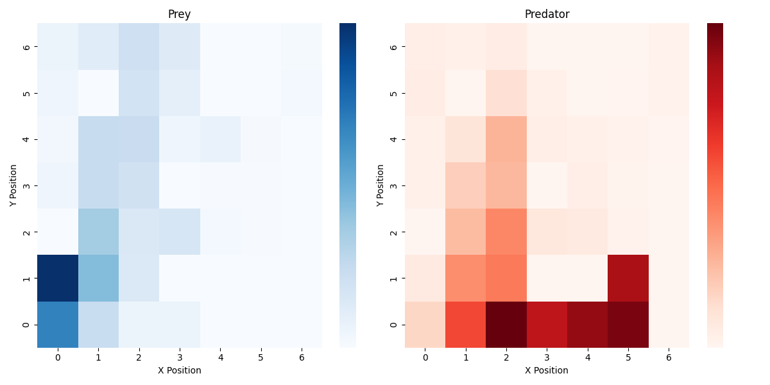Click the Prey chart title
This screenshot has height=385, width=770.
(179, 14)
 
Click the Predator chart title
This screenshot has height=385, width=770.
(547, 14)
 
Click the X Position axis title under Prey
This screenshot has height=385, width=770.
(179, 370)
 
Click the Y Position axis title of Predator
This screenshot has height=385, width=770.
(381, 185)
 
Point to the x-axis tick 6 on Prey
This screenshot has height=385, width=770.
(302, 357)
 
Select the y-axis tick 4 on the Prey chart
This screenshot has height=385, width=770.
(26, 139)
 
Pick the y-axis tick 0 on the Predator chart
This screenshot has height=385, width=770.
(393, 325)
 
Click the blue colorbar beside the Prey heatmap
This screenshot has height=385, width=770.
(347, 185)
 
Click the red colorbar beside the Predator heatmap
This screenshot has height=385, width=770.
(715, 185)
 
